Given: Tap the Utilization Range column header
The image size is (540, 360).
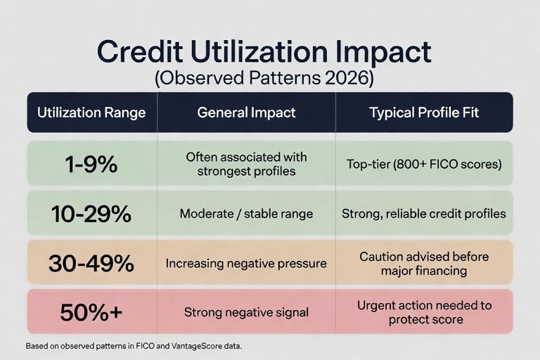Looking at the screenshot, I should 91,112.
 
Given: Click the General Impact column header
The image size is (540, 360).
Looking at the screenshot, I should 246,112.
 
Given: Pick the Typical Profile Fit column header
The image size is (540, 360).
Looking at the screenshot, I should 424,112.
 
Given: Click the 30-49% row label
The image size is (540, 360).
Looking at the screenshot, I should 91,264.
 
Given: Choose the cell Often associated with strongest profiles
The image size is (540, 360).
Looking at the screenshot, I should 246,164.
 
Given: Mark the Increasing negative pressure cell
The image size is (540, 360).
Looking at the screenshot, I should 246,264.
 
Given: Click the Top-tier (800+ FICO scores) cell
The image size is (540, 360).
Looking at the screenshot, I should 424,164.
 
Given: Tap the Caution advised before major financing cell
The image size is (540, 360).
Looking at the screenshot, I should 424,264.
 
